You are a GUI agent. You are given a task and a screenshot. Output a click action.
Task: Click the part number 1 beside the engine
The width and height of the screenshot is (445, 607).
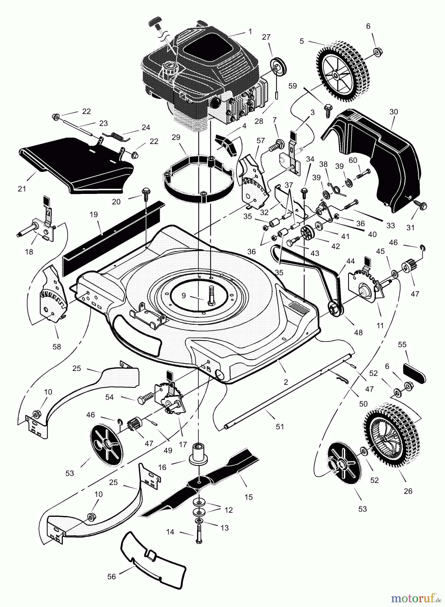pyautogui.click(x=250, y=31)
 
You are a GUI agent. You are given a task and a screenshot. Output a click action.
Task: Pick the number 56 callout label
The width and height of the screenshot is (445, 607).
pyautogui.click(x=111, y=577)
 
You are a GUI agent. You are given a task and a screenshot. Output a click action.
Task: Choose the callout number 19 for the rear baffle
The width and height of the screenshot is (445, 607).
pyautogui.click(x=94, y=214)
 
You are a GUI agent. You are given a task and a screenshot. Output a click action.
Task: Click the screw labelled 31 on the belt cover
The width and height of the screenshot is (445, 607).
pyautogui.click(x=421, y=204)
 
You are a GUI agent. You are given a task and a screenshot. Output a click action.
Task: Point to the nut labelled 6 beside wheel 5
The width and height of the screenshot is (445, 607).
pyautogui.click(x=377, y=52)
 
